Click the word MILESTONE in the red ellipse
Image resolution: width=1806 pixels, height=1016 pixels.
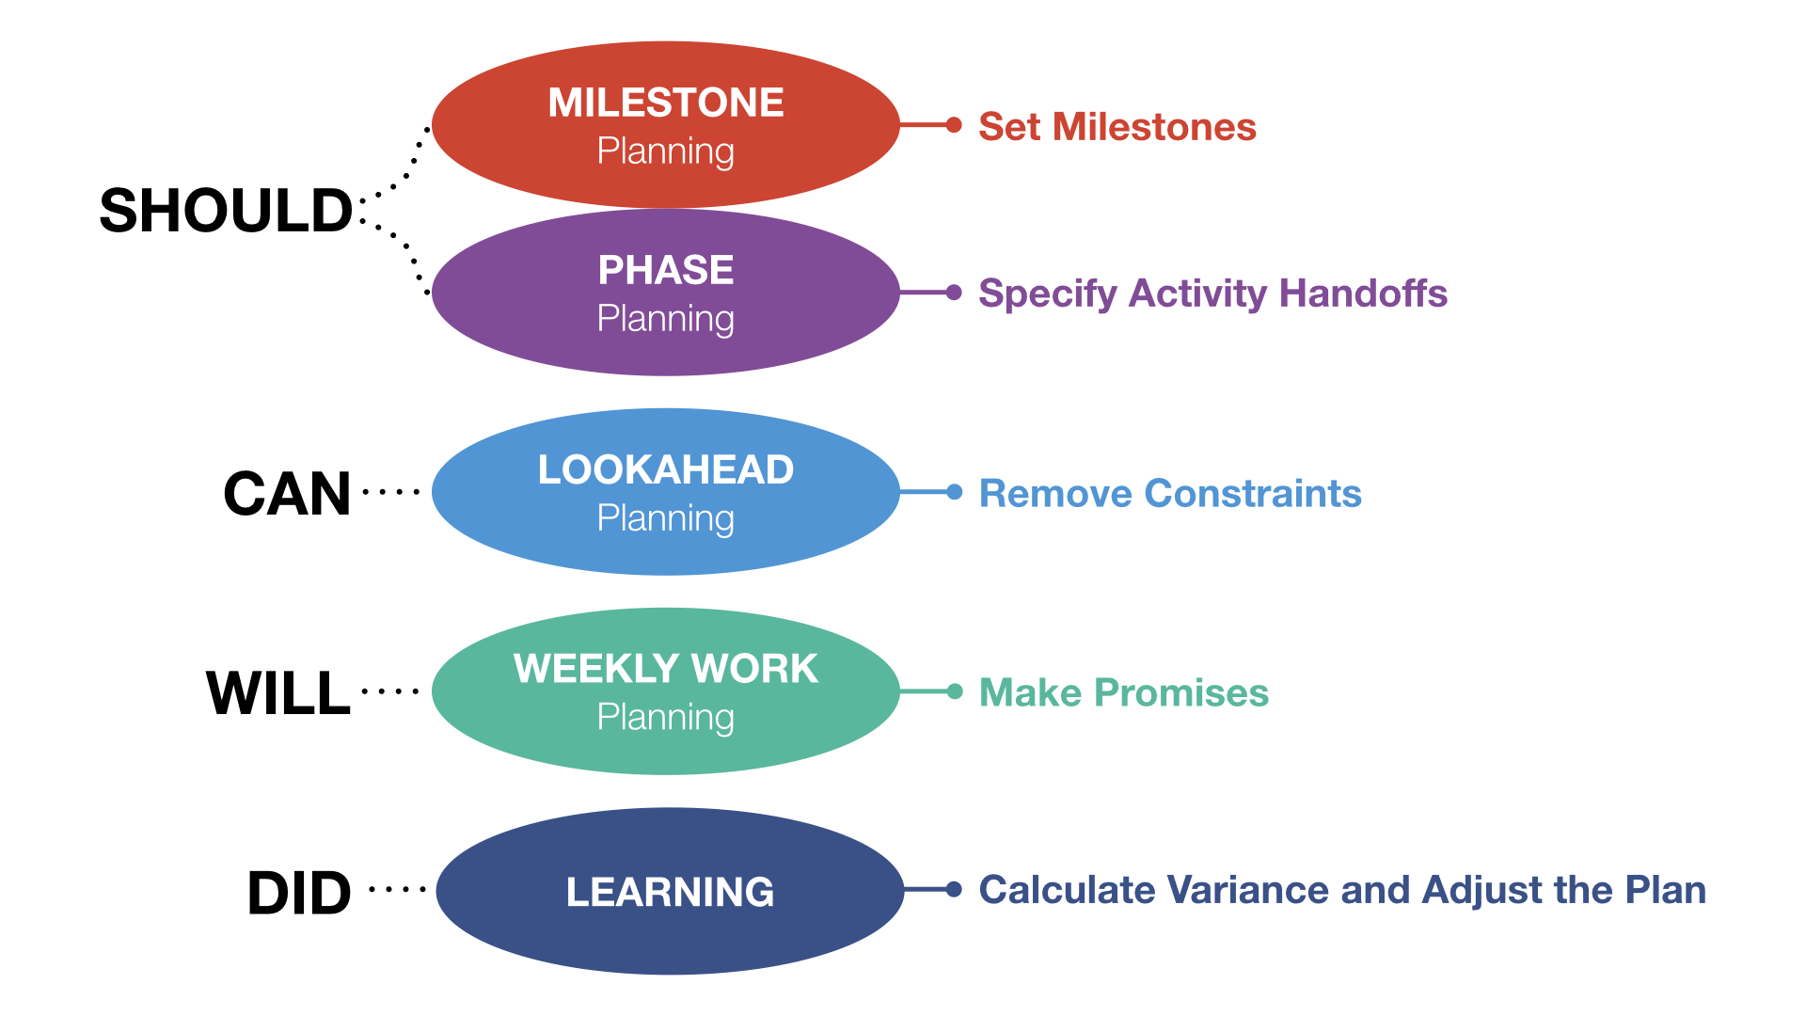point(666,103)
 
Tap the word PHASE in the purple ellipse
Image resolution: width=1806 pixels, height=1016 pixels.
point(666,270)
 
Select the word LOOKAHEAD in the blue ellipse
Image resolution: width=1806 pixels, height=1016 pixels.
point(666,469)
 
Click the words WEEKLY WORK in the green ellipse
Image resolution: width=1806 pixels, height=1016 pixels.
point(666,669)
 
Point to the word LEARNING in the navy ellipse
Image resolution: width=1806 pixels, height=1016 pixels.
point(670,892)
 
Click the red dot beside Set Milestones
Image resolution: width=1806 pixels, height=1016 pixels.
point(954,125)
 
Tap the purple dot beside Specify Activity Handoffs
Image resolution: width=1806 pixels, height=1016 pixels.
point(954,293)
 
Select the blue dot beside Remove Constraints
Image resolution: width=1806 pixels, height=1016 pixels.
point(954,492)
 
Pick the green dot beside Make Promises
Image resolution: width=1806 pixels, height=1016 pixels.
point(954,691)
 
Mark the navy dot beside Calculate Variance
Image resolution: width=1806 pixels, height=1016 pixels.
point(954,889)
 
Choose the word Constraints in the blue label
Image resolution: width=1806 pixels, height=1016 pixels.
point(1253,494)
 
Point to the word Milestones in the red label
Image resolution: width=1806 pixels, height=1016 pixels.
point(1154,127)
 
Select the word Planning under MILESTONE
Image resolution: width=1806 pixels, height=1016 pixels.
point(666,151)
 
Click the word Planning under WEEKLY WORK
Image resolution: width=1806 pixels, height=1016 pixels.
point(666,718)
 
